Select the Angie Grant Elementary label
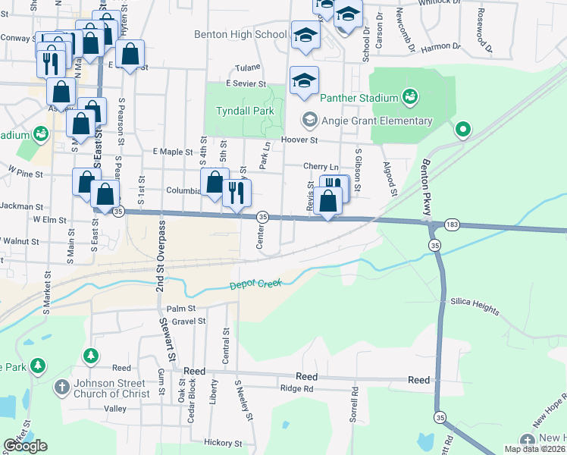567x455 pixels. point(376,121)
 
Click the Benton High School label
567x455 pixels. point(240,34)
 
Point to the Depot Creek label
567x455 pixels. point(255,284)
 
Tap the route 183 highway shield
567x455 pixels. point(452,225)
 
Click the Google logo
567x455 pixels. point(25,446)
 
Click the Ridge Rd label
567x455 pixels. point(296,388)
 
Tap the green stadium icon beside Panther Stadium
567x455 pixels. point(410,96)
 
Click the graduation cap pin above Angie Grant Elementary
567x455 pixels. point(304,81)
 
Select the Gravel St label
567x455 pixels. point(189,321)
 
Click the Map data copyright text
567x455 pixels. point(534,449)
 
